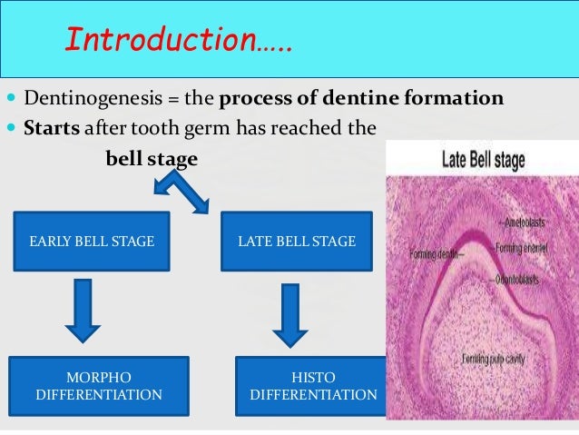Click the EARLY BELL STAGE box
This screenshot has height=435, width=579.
[x=91, y=242]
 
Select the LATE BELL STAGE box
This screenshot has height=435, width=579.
[x=297, y=242]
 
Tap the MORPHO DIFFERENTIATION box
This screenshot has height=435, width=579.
[x=98, y=386]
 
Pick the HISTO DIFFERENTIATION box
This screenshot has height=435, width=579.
[x=312, y=386]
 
